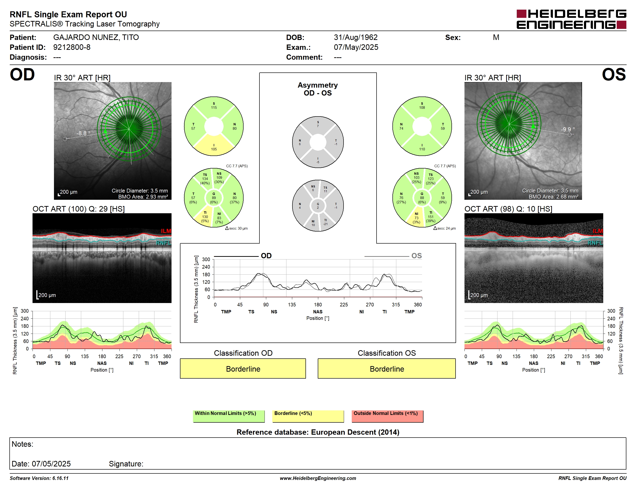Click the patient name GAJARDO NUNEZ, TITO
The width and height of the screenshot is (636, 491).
pyautogui.click(x=96, y=38)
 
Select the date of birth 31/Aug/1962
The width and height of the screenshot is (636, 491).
pyautogui.click(x=356, y=38)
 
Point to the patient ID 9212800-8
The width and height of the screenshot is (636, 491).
pyautogui.click(x=72, y=47)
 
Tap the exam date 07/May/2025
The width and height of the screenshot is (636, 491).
pyautogui.click(x=356, y=47)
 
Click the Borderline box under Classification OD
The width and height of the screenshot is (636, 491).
pyautogui.click(x=243, y=368)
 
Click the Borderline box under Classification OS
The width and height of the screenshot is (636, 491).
pyautogui.click(x=387, y=368)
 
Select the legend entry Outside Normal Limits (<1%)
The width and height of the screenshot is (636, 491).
pyautogui.click(x=387, y=416)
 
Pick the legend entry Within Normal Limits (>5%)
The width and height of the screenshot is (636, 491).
pyautogui.click(x=229, y=416)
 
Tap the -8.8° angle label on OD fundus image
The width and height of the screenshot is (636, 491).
pyautogui.click(x=84, y=133)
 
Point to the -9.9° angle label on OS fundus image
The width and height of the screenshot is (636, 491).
pyautogui.click(x=568, y=129)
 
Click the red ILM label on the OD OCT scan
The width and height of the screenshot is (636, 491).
pyautogui.click(x=166, y=231)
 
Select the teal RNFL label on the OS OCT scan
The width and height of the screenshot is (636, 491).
pyautogui.click(x=595, y=243)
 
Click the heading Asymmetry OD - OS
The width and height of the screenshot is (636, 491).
pyautogui.click(x=318, y=89)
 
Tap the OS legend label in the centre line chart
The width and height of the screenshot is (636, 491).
pyautogui.click(x=417, y=256)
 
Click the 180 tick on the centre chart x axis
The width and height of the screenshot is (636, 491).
pyautogui.click(x=318, y=304)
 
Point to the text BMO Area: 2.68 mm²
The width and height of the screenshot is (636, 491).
pyautogui.click(x=553, y=197)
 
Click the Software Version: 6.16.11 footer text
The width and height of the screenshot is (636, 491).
pyautogui.click(x=39, y=478)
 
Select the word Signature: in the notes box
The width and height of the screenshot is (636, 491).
pyautogui.click(x=126, y=464)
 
